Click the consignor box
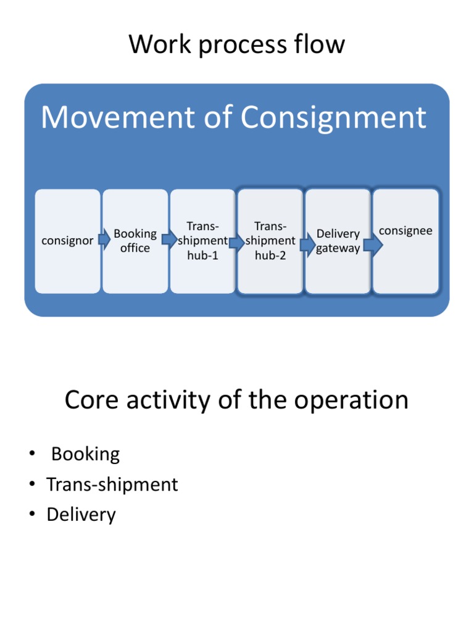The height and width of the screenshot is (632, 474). (67, 241)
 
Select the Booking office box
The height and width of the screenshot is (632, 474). (135, 241)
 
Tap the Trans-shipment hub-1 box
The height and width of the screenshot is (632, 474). (202, 241)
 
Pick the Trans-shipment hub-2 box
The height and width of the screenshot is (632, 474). (270, 241)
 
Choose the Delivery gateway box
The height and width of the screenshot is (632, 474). (338, 241)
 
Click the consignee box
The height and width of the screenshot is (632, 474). (405, 241)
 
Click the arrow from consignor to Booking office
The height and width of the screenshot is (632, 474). (104, 237)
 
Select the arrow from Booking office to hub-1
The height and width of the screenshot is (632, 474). (170, 239)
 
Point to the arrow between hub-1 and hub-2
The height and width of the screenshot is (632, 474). (236, 243)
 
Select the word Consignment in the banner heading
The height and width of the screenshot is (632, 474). (334, 117)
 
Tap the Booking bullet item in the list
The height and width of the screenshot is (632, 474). (85, 454)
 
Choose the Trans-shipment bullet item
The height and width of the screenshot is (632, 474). (112, 484)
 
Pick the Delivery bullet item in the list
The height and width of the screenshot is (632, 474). (81, 515)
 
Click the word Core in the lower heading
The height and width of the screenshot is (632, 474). (90, 400)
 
